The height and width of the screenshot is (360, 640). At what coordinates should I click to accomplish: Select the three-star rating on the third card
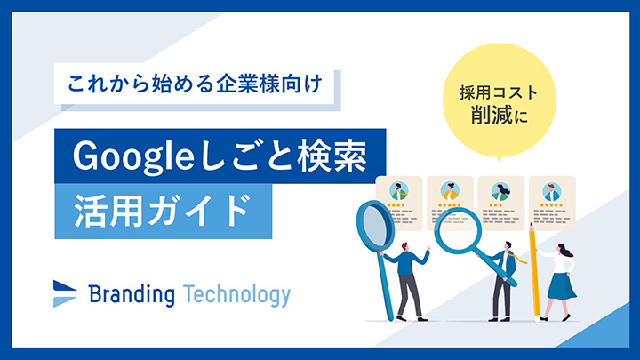click(x=497, y=205)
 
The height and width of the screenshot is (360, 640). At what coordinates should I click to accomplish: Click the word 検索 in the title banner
click(x=335, y=156)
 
